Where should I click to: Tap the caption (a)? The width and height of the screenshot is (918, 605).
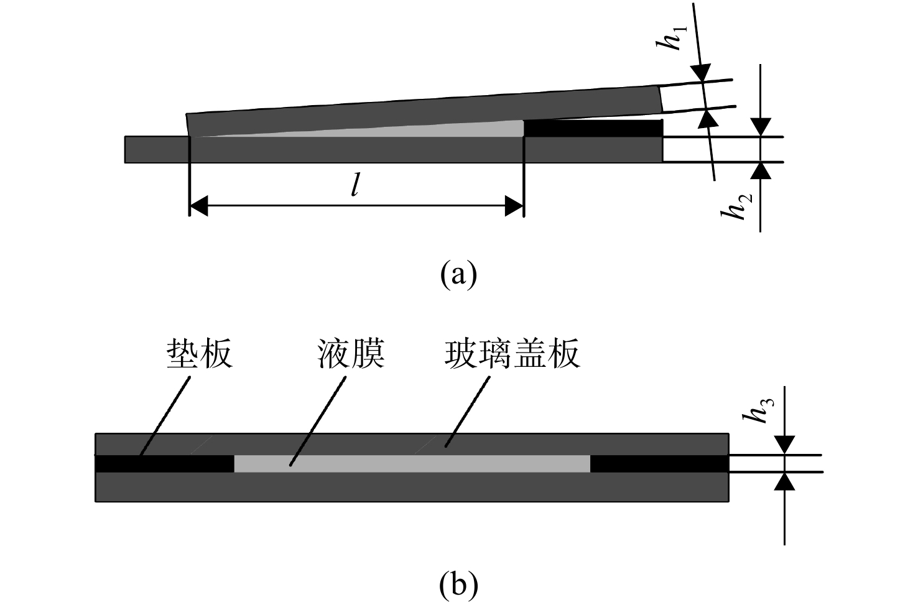coord(458,274)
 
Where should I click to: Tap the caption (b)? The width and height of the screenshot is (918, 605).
coord(458,585)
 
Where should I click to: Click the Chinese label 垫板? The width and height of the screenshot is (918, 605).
coord(200,354)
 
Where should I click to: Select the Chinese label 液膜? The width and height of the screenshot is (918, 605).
coord(351,354)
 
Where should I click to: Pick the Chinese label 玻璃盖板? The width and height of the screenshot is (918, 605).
coord(512,354)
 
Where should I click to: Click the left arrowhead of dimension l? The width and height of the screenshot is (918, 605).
coord(199,206)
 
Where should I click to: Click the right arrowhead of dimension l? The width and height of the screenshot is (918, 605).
coord(514,206)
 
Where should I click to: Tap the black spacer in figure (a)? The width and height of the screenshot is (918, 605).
coord(593,128)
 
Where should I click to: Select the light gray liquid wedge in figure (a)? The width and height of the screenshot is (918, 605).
coord(410,131)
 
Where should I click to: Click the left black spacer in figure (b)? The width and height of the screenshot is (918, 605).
coord(164,464)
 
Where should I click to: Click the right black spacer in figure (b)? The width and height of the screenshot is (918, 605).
coord(659,464)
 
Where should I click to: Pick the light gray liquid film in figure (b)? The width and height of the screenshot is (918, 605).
coord(412,464)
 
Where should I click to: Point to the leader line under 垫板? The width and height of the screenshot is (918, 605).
coord(165,416)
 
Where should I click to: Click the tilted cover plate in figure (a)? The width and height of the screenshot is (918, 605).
coord(424,111)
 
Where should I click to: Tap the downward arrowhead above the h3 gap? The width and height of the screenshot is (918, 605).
coord(784,446)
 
